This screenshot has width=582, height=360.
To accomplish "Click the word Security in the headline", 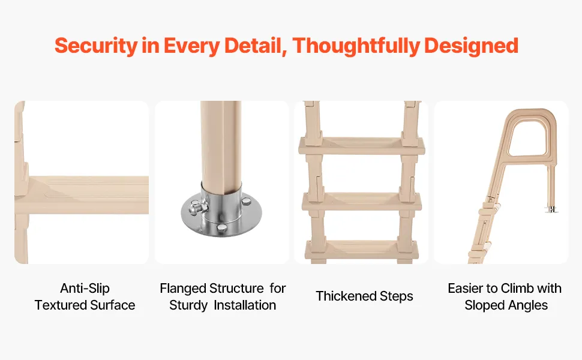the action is tap(96, 46).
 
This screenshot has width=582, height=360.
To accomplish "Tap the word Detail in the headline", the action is tap(256, 46).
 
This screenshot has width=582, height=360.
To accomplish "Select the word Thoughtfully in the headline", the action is tap(356, 46).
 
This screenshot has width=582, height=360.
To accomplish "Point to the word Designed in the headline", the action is tap(471, 46).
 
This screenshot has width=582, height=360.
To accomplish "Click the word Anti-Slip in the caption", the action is tap(85, 289).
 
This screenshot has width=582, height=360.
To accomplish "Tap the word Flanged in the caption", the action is tap(182, 289).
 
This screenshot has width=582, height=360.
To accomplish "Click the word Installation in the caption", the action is tap(245, 305).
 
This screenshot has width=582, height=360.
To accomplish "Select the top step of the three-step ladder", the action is tap(362, 146).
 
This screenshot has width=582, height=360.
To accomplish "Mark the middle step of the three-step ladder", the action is tap(362, 202).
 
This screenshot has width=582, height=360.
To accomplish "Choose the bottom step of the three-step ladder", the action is tap(362, 250).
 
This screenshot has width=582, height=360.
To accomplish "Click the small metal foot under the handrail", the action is tap(552, 209).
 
